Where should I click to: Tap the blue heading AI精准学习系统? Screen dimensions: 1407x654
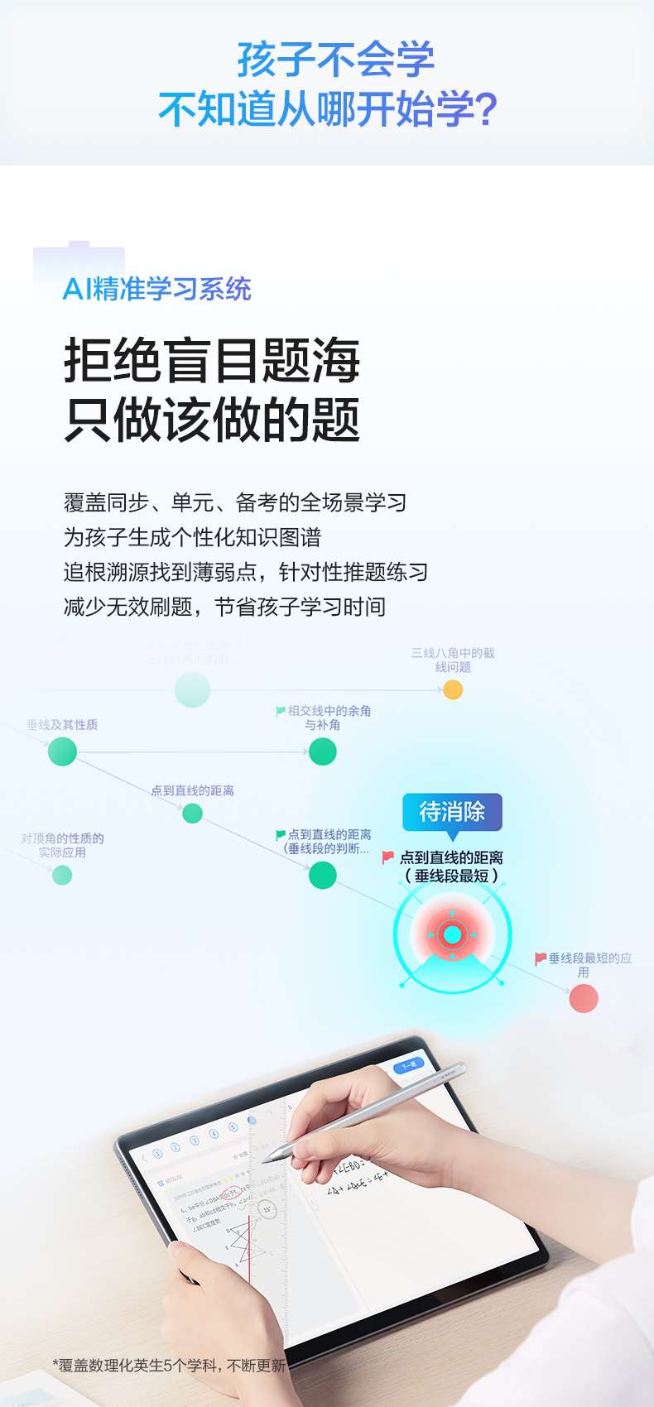(157, 290)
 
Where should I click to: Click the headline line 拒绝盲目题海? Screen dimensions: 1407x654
(212, 361)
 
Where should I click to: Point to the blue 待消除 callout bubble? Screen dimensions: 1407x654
(452, 811)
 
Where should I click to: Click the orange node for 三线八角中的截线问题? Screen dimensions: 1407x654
(453, 689)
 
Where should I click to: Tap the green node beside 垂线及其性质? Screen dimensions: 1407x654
(62, 752)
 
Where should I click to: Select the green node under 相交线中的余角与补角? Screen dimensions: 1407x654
(322, 752)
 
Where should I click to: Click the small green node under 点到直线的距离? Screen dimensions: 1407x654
(192, 814)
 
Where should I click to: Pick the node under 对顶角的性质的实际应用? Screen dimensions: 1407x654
(62, 875)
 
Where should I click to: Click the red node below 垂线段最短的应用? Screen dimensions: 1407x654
(584, 998)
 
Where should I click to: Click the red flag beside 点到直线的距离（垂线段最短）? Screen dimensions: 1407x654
(387, 857)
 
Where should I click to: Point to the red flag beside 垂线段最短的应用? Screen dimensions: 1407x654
(541, 958)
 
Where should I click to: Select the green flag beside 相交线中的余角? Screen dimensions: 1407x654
(281, 711)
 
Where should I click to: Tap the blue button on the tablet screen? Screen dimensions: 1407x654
(408, 1065)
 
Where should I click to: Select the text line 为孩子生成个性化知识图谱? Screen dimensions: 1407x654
(192, 538)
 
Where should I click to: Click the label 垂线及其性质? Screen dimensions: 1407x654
(62, 725)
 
